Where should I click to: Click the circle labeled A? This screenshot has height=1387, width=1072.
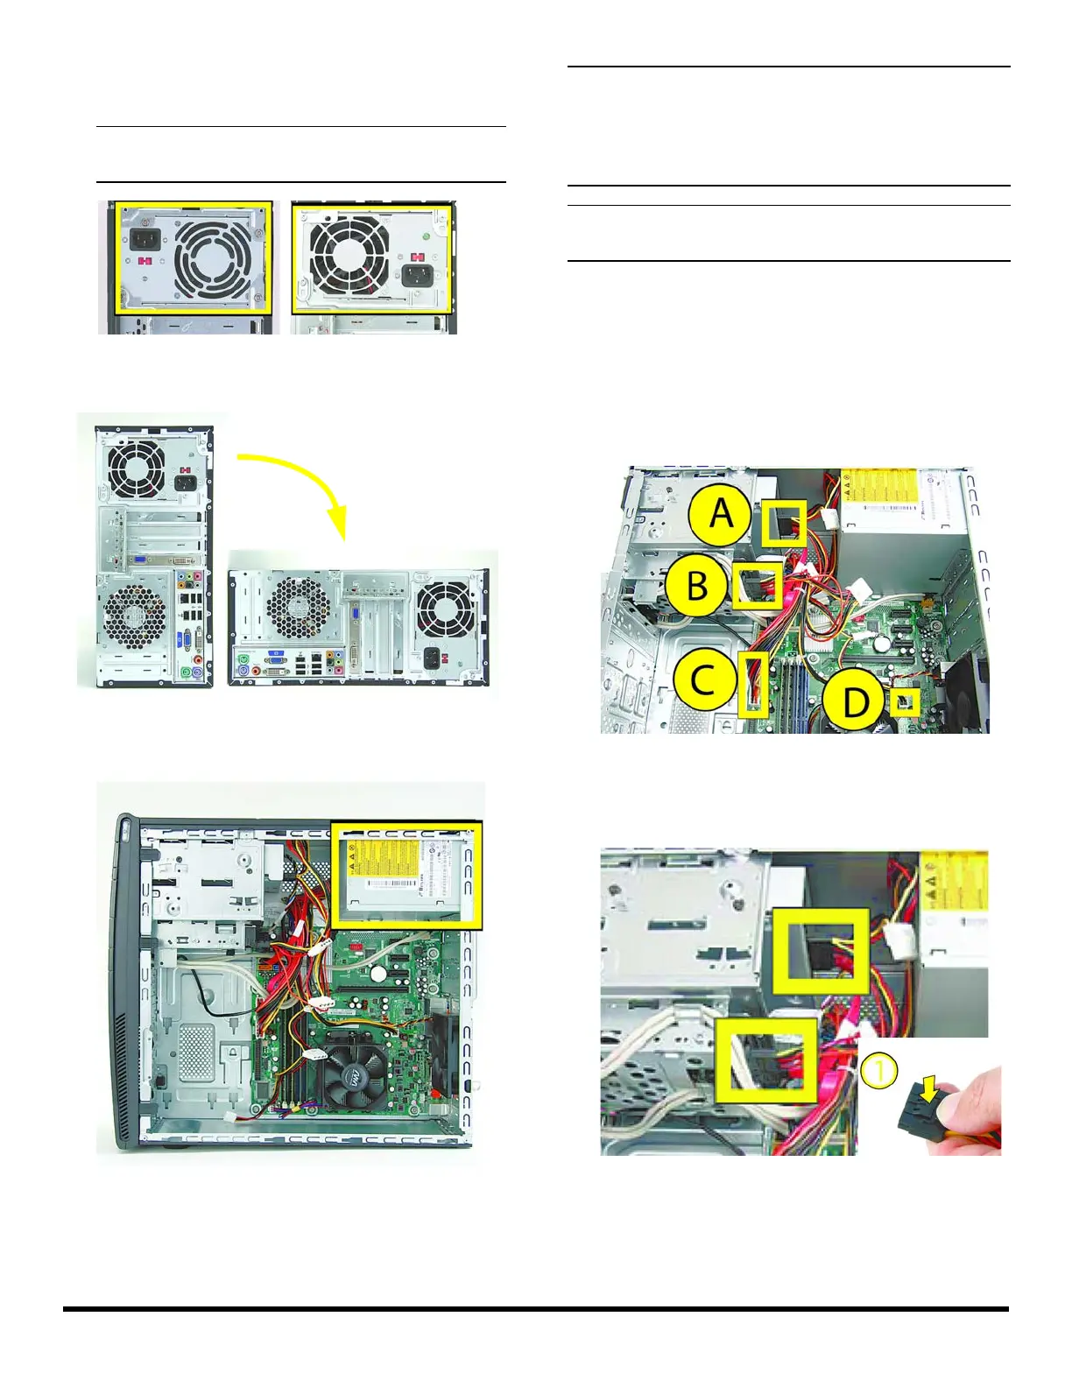click(x=720, y=514)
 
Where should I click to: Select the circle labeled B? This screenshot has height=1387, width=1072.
click(x=696, y=586)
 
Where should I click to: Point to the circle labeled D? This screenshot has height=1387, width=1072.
click(x=855, y=702)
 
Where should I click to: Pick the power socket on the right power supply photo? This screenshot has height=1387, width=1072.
click(x=416, y=277)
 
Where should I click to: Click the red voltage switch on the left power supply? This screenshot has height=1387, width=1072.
click(x=145, y=261)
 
